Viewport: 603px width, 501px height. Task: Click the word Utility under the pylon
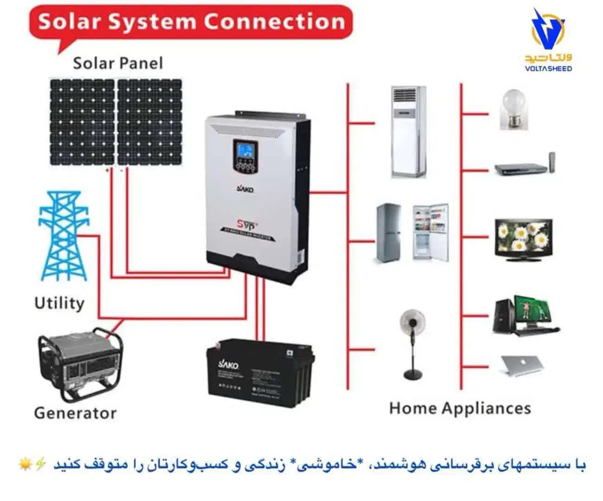pos(59,303)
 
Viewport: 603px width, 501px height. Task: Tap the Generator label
pos(75,413)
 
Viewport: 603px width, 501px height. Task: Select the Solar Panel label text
pos(118,63)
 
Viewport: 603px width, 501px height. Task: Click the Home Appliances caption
pos(460,408)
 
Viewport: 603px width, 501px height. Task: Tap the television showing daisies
pos(524,239)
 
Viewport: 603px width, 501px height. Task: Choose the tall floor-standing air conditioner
pos(408,132)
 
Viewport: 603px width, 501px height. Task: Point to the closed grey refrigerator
pos(388,233)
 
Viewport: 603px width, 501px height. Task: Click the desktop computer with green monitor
pos(525,316)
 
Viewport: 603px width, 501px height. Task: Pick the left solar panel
pos(83,122)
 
